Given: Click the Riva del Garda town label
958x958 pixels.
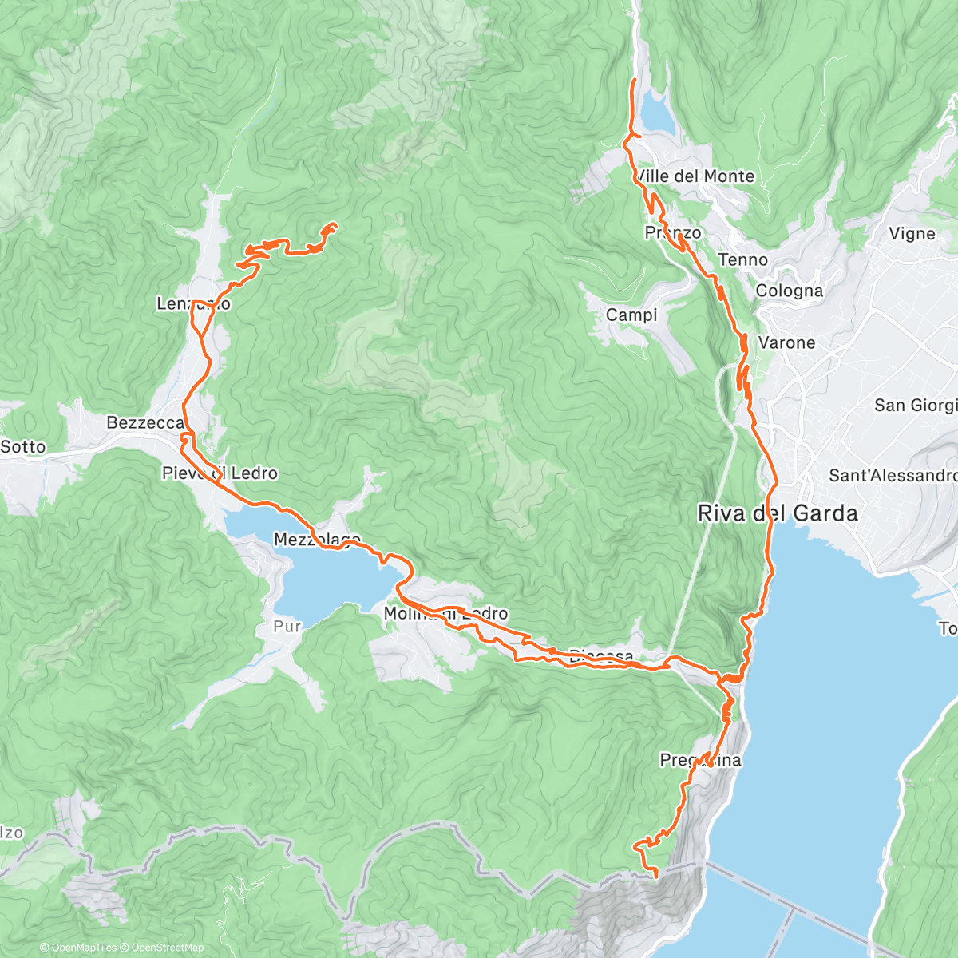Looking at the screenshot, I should pos(778,513).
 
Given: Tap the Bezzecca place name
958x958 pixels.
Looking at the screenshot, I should pos(145,422).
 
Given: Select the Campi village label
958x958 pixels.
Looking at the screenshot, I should pos(631,315).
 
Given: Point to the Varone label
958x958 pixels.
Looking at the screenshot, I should pos(786,343).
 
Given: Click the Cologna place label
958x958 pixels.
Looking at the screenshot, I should pos(789,291).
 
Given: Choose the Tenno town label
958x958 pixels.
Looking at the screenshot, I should pos(742,260).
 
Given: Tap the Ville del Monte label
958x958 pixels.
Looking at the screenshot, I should pos(695,176).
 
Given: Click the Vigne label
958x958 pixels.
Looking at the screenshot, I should pos(912,234).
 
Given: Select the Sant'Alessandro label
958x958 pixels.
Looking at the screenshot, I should pos(893,476).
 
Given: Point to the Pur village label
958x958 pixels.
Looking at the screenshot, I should pos(287,627).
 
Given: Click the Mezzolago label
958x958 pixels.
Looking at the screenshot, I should pos(317,540).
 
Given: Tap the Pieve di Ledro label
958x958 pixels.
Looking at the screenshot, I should pos(220,473).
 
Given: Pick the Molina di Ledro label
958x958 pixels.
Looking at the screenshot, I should pos(445,614).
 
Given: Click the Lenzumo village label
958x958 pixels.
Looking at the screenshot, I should pos(193,304).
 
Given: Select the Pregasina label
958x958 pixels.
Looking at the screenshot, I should pos(700,760).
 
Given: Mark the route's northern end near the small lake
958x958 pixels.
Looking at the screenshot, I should pos(635,81).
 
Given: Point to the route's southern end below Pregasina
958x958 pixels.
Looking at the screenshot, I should pos(655,876).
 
